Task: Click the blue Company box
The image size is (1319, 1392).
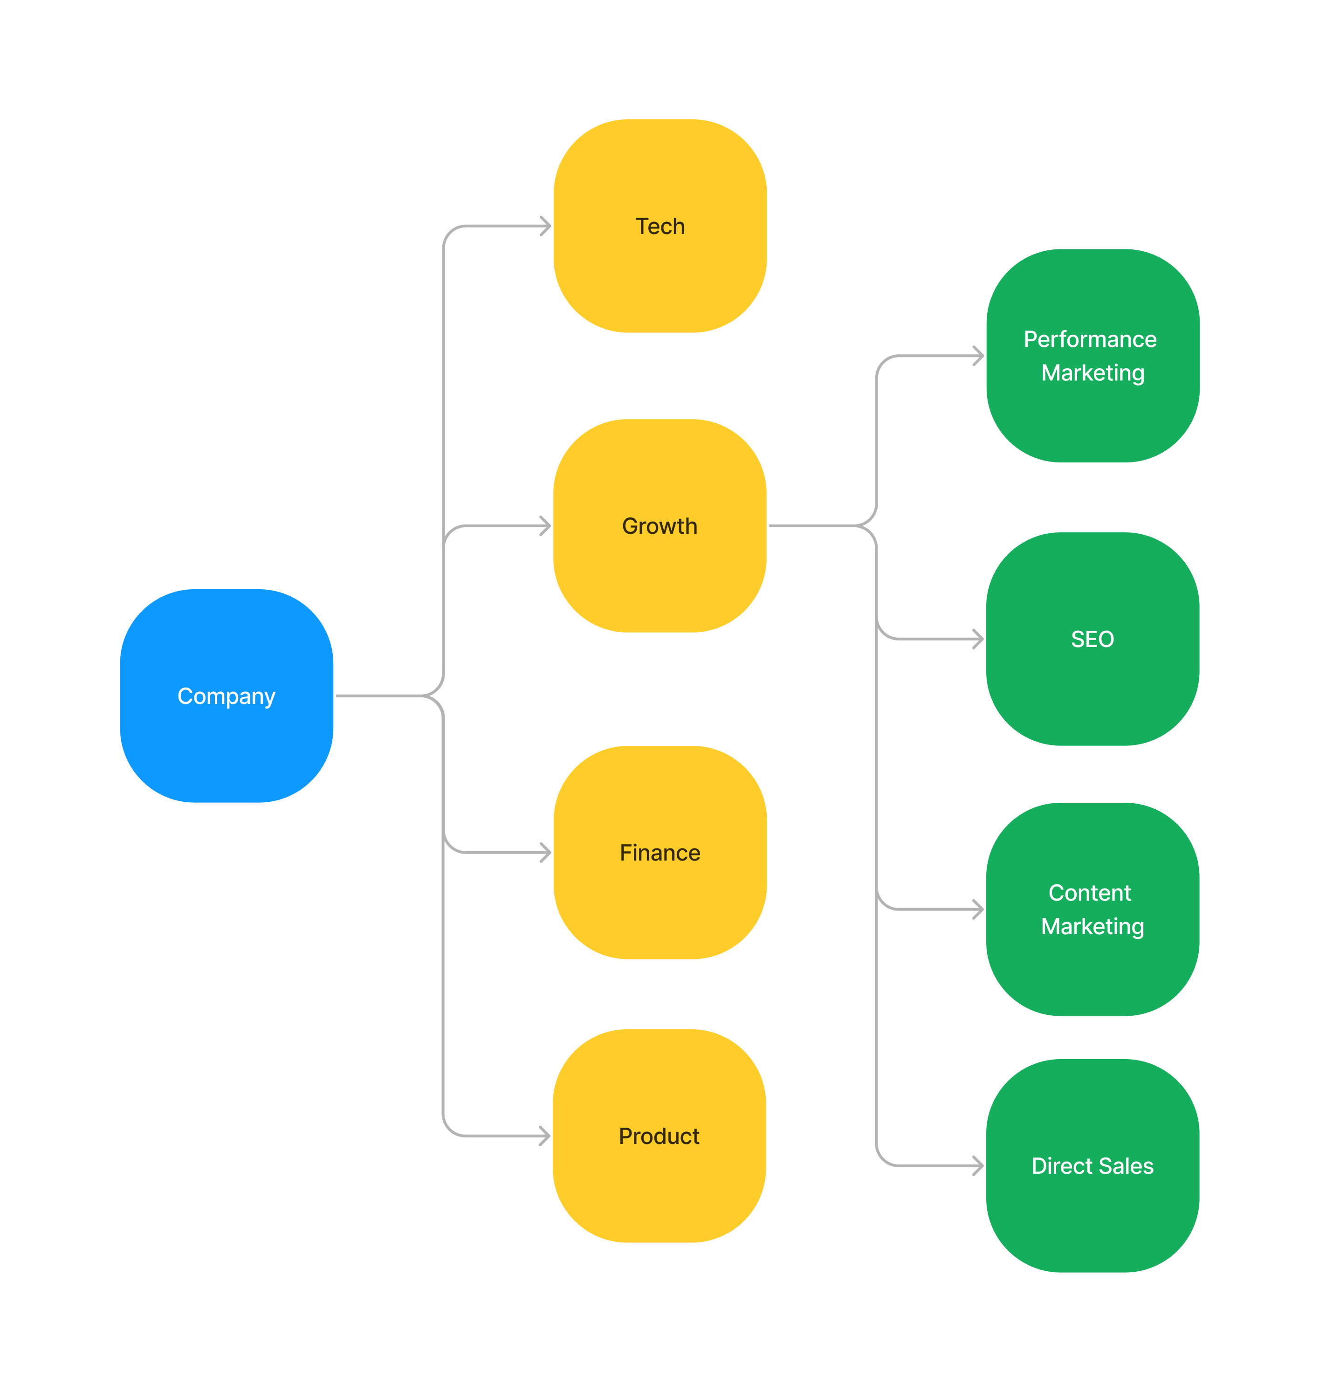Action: [227, 696]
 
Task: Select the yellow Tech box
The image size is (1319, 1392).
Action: [659, 226]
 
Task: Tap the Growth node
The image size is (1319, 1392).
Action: [659, 525]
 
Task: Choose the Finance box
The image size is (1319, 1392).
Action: [659, 853]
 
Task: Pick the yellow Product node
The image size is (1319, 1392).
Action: [659, 1136]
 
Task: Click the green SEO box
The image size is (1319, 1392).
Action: [1092, 639]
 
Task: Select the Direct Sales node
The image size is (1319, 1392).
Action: [1092, 1165]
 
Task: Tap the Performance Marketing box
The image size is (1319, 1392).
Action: [1092, 356]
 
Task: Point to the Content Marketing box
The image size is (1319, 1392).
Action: [1092, 910]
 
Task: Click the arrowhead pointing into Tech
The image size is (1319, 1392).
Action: [546, 226]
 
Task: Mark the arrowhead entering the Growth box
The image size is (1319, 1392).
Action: [546, 525]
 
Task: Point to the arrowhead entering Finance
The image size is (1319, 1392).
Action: [546, 853]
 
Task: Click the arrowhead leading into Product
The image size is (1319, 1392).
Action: [546, 1136]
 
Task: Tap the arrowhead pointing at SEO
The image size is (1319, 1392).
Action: [979, 639]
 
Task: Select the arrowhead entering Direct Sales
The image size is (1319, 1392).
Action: [979, 1165]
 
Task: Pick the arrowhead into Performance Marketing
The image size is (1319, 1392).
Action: [979, 356]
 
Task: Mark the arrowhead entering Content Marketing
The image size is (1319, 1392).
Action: [979, 910]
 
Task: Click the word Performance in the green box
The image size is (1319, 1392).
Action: [1090, 339]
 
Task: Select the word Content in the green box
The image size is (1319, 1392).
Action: [1090, 893]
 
